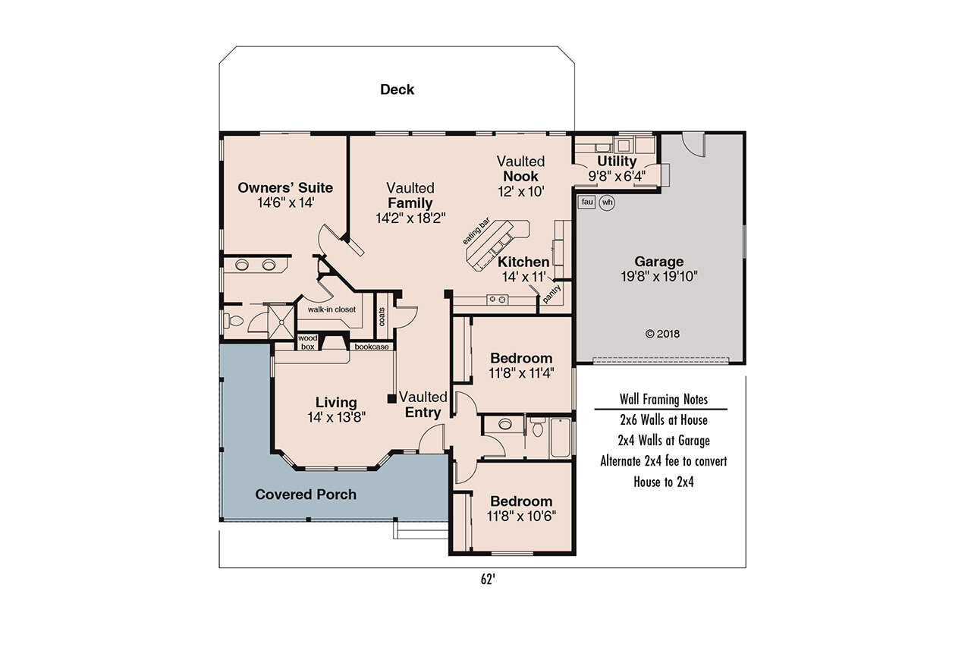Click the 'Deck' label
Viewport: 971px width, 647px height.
coord(397,90)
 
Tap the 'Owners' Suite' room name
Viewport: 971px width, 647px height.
coord(285,187)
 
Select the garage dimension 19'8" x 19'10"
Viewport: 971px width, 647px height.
coord(658,277)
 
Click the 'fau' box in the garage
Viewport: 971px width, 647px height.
coord(586,202)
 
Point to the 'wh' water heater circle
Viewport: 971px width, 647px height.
coord(607,203)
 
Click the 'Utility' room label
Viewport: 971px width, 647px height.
coord(617,162)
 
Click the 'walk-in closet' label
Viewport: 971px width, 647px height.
coord(332,309)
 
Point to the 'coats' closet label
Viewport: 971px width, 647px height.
coord(382,315)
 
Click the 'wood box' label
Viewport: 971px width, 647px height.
coord(307,342)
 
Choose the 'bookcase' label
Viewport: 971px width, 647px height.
coord(372,347)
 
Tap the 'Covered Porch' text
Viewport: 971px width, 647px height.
coord(306,495)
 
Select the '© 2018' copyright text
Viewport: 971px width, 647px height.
coord(662,333)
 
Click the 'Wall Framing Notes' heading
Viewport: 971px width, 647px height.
coord(663,400)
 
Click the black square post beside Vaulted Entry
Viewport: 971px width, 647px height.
coord(391,398)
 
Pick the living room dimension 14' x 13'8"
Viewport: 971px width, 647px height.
coord(337,416)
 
